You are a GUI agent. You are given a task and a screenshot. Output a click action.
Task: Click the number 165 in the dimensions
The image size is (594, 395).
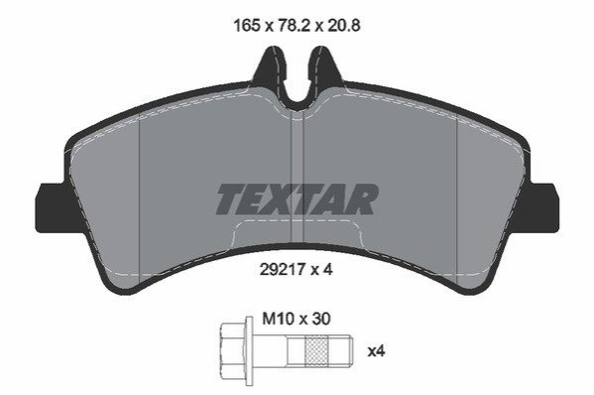(247, 26)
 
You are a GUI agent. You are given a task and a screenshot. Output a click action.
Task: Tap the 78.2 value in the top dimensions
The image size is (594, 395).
(293, 26)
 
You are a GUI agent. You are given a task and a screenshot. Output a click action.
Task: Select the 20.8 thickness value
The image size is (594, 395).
(343, 26)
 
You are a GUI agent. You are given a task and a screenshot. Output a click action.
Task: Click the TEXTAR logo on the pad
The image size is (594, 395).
(297, 199)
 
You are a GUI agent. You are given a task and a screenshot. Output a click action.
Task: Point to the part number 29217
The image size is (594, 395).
(283, 270)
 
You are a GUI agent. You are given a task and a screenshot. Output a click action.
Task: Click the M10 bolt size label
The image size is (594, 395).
(279, 319)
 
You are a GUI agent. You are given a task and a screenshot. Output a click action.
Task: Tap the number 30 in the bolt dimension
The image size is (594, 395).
(321, 319)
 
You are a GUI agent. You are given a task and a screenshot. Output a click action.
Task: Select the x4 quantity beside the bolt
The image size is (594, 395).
(376, 351)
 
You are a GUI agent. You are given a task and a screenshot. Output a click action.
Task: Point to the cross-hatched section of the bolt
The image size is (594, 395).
(317, 351)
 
